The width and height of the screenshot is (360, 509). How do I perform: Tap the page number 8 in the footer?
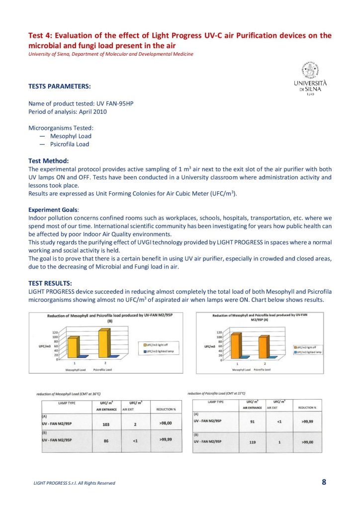[x=324, y=482]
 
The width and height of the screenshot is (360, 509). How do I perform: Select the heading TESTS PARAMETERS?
[x=60, y=86]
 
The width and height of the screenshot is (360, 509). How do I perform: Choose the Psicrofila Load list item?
[x=70, y=144]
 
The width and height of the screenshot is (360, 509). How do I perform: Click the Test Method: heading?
[x=49, y=161]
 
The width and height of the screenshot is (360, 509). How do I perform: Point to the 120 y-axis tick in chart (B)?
[x=56, y=333]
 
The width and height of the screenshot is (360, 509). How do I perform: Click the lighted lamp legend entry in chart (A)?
[x=308, y=351]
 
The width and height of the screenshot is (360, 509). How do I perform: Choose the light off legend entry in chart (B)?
[x=157, y=344]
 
